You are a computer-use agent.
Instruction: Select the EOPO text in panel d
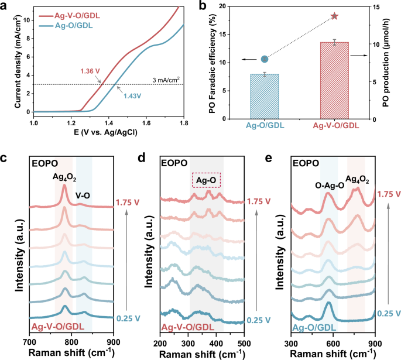[x=176, y=164]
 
